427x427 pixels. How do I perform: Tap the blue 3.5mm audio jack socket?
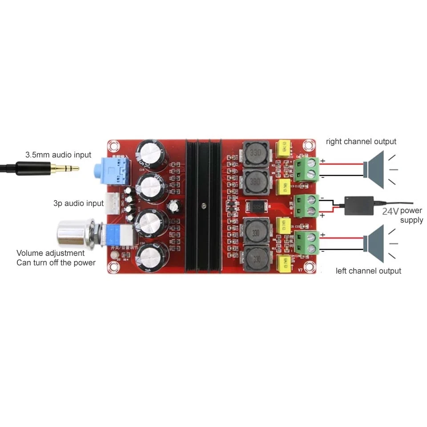pyautogui.click(x=113, y=172)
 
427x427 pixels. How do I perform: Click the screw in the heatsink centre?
pyautogui.click(x=203, y=206)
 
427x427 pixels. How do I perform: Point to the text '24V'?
pyautogui.click(x=390, y=211)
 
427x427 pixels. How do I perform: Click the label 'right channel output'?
pyautogui.click(x=361, y=141)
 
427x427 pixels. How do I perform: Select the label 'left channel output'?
pyautogui.click(x=368, y=271)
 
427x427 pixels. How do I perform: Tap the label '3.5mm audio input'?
pyautogui.click(x=58, y=155)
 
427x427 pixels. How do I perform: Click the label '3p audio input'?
pyautogui.click(x=78, y=203)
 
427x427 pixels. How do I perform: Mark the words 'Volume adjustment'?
pyautogui.click(x=50, y=253)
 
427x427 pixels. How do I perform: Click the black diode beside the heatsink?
pyautogui.click(x=255, y=207)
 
